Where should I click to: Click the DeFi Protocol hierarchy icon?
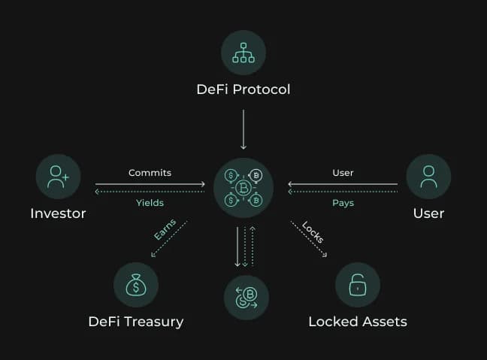coord(243,53)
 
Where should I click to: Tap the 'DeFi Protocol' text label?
coord(243,89)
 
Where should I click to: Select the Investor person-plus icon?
coord(58,177)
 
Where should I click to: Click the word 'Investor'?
coord(58,213)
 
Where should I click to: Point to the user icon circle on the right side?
coord(428,177)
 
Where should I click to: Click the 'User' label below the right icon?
coord(428,213)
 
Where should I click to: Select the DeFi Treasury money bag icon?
coord(136,285)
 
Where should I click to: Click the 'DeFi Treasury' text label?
coord(136,322)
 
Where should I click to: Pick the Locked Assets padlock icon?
coord(358,285)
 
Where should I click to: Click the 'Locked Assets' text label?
coord(358,322)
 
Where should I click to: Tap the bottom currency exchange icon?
coord(246,298)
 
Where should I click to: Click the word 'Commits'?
coord(150,173)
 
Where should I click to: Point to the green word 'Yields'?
coord(150,203)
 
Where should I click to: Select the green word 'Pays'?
coord(343,203)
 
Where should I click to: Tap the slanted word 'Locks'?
coord(312,231)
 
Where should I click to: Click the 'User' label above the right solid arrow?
coord(343,173)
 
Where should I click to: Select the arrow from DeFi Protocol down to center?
coord(243,129)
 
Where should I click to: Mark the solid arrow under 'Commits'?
coord(150,184)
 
